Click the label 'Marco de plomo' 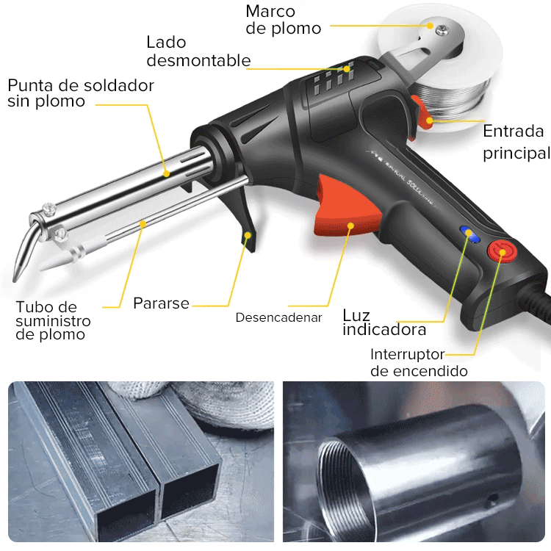point(283,20)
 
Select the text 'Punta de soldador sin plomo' point(81,93)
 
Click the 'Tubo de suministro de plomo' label point(54,320)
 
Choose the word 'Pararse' point(161,303)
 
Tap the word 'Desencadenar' point(278,317)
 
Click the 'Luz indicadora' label point(384,323)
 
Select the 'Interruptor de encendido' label point(419,362)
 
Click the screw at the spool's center point(442,29)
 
